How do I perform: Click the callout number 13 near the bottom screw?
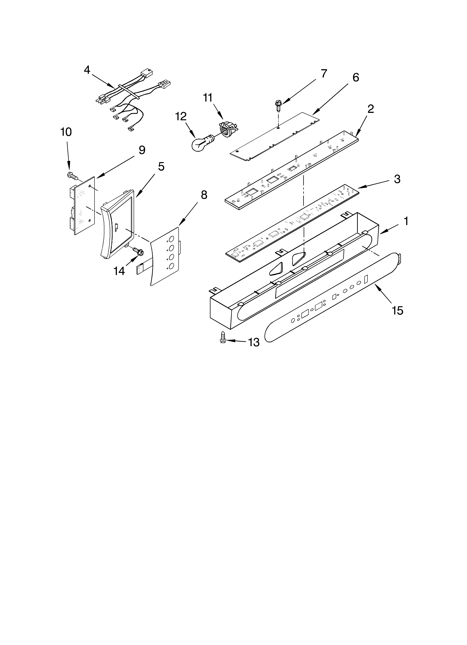coord(253,342)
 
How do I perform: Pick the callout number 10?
coord(66,132)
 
